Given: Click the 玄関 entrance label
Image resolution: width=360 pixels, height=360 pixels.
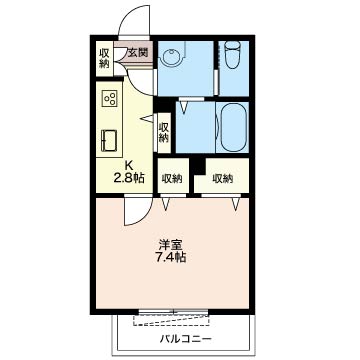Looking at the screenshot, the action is pos(137,53).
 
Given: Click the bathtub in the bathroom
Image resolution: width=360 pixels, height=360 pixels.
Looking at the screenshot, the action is pos(232,127).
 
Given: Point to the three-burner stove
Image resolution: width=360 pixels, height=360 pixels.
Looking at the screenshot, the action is pos(110,98).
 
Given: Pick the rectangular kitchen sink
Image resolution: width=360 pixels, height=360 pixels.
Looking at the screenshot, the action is pos(109,141).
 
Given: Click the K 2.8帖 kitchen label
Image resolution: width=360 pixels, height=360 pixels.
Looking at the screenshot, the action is pos(129,172).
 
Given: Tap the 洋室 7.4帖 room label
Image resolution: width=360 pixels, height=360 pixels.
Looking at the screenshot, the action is pos(171,251).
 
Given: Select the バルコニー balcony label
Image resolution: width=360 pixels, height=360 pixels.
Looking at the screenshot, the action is pos(186,339).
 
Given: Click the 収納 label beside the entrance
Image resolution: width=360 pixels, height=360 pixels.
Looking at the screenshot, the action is pos(104,58).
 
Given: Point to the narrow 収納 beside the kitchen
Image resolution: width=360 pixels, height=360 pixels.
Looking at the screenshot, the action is pos(163,133).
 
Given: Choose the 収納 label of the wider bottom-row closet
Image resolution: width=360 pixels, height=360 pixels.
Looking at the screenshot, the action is pos(222,179).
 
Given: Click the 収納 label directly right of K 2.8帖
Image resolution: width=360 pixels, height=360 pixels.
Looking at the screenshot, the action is pos(172,179).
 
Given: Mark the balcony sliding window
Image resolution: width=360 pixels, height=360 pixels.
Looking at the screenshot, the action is pos(173,312).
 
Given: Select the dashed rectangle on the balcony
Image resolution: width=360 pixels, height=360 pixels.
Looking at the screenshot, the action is pos(172,320).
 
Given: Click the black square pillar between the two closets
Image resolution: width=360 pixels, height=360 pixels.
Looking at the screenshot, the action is pos(199,166).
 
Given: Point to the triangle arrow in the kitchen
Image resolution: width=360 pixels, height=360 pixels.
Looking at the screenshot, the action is pos(147,118).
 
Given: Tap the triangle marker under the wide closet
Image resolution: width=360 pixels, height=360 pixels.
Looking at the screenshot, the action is pos(236,204).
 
